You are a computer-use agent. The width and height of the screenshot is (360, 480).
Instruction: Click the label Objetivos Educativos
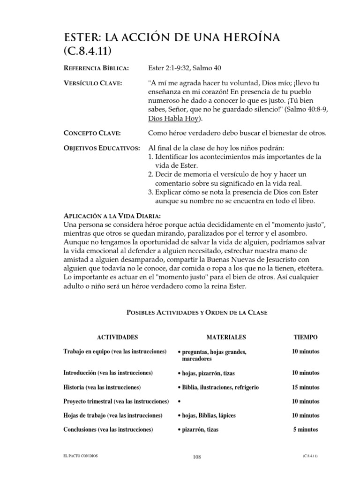(101, 149)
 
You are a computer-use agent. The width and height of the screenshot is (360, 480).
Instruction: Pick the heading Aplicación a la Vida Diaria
(112, 216)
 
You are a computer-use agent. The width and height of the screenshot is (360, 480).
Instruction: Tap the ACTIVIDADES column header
(117, 337)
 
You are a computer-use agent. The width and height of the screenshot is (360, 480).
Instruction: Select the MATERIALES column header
(226, 337)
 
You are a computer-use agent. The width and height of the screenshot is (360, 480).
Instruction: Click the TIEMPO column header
(305, 337)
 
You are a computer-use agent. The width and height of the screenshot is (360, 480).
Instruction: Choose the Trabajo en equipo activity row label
(115, 352)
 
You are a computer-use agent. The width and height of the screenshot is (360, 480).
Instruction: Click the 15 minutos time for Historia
(306, 388)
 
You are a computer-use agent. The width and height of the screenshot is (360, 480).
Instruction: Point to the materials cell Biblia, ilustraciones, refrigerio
(218, 388)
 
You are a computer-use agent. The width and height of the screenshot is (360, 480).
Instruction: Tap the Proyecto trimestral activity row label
(116, 402)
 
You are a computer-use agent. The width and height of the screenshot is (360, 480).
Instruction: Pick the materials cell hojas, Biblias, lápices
(206, 416)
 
